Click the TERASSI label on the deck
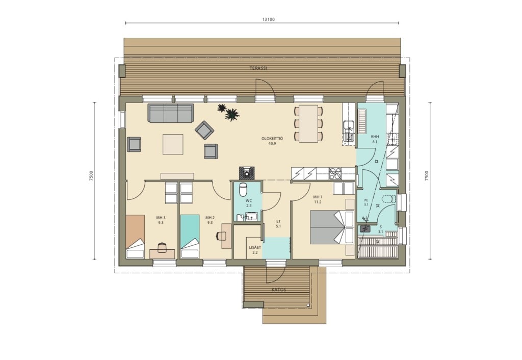[x=258, y=68]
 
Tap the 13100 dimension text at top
[x=268, y=19]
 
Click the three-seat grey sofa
[x=171, y=113]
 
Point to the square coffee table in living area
[x=173, y=144]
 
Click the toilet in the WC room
[x=243, y=189]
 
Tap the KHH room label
[x=375, y=137]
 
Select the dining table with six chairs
[x=308, y=123]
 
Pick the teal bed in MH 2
[x=190, y=237]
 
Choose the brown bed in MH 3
[x=135, y=237]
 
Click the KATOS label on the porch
[x=279, y=290]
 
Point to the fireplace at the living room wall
[x=247, y=173]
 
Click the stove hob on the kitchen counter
[x=335, y=173]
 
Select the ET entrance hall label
[x=279, y=221]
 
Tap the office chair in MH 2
[x=221, y=236]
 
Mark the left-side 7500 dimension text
[x=91, y=176]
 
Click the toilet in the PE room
[x=388, y=199]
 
